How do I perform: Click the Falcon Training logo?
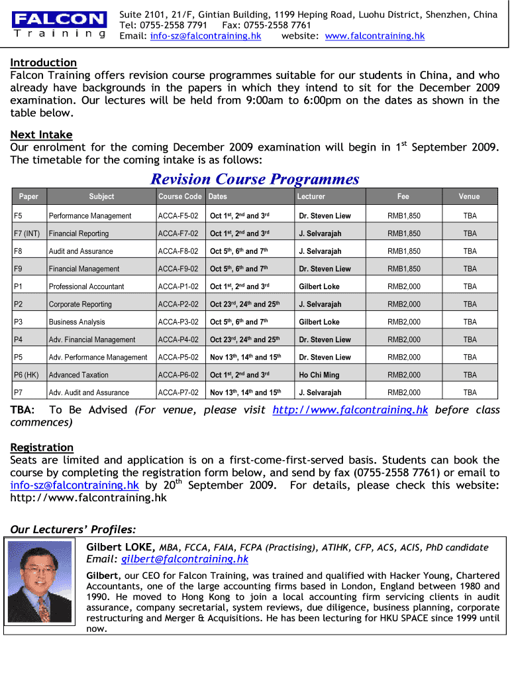point(60,25)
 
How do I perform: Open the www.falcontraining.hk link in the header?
point(375,36)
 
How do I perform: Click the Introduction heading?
point(43,62)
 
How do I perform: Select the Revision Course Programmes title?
point(255,178)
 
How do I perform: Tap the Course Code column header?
point(179,196)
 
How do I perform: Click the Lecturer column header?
point(311,196)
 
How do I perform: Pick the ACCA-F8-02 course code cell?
point(178,251)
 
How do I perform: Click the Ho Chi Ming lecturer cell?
point(319,375)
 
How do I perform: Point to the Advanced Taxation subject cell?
point(78,375)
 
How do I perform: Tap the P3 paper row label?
point(19,322)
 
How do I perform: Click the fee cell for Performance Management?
point(403,216)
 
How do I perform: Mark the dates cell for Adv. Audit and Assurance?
point(246,393)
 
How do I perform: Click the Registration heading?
point(42,447)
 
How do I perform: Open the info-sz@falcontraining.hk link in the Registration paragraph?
point(74,485)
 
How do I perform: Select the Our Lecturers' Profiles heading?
point(74,529)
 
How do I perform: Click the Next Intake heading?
point(41,135)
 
